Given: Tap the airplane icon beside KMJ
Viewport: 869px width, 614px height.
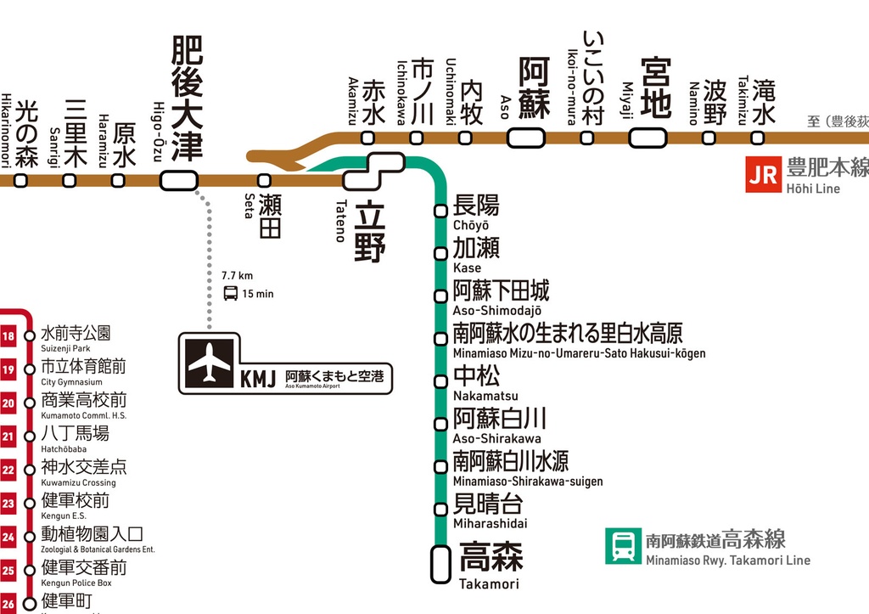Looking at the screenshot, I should pos(210,363).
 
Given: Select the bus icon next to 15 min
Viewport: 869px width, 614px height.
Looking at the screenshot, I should pos(230,294).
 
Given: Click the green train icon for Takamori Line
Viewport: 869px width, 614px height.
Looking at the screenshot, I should pos(623,546).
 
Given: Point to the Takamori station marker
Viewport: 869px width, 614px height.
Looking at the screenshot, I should pos(440,564).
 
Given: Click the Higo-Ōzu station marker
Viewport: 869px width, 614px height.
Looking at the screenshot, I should pos(178,180).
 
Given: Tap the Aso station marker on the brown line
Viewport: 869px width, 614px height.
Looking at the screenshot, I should pos(531,138).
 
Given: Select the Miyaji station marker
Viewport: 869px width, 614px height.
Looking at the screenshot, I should pos(647,138).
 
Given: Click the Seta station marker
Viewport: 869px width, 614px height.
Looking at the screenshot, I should pos(264,180).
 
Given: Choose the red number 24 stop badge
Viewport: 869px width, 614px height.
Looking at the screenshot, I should pos(8,537).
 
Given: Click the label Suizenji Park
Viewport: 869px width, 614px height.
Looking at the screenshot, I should pos(65,349).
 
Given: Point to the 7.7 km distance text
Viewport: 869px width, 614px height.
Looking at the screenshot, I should pos(237,276).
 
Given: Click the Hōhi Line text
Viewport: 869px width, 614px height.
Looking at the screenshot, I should pos(812,189).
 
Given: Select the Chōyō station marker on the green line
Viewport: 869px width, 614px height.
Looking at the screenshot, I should pos(440,211).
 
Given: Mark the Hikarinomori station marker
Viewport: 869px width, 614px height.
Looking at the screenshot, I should pos(21,180).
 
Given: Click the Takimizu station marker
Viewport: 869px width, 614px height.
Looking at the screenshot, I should pos(757,138).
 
